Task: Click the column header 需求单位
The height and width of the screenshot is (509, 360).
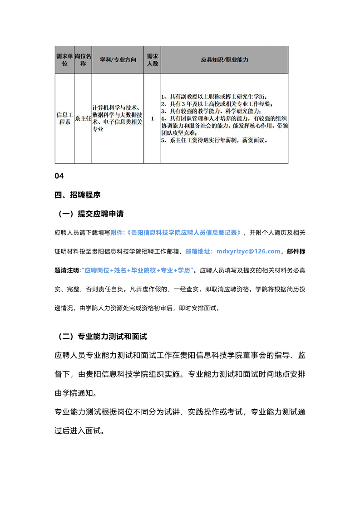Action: (64, 60)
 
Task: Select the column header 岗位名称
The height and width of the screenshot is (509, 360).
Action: (83, 60)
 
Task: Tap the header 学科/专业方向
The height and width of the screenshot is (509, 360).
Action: (118, 60)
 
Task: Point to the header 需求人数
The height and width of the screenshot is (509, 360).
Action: (153, 60)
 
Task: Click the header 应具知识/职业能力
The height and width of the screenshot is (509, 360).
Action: (224, 60)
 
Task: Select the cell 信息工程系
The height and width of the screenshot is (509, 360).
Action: (64, 118)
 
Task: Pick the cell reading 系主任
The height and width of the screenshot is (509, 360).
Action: (83, 118)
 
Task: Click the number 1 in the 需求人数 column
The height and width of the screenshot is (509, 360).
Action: (153, 118)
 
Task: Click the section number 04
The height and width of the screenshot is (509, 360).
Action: (59, 176)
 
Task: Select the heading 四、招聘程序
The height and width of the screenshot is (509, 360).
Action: (77, 195)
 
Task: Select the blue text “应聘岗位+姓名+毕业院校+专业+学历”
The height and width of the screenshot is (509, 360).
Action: (137, 270)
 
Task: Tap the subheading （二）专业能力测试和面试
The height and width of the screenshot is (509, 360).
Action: (102, 337)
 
